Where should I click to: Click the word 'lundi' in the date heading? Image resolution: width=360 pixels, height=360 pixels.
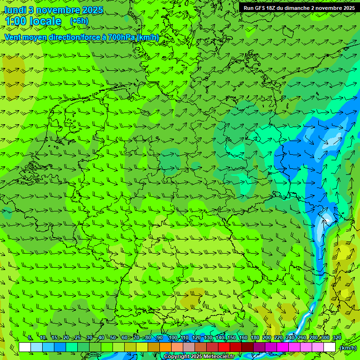(x=15, y=10)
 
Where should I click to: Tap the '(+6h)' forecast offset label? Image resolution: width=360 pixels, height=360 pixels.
(x=79, y=21)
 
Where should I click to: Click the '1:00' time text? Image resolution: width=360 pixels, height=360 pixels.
(x=15, y=22)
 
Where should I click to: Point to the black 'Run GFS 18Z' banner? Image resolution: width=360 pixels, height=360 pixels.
(x=299, y=7)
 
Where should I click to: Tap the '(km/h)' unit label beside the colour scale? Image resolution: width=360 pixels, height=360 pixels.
(x=348, y=348)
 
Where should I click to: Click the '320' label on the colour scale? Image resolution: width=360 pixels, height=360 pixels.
(x=337, y=338)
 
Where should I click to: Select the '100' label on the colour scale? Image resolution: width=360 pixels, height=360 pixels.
(x=173, y=338)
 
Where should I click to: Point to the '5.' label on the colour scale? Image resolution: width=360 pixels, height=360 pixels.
(x=30, y=338)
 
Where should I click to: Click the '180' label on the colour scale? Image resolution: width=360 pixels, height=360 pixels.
(x=255, y=338)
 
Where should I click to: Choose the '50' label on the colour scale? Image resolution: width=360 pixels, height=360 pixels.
(x=113, y=338)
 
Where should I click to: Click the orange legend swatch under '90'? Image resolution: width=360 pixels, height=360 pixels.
(x=165, y=347)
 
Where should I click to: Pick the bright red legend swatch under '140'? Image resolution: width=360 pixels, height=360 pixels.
(x=224, y=347)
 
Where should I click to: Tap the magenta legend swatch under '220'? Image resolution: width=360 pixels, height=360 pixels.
(x=283, y=347)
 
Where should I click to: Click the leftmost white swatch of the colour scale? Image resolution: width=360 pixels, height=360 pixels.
(x=25, y=347)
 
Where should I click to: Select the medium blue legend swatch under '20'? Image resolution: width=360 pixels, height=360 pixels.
(x=60, y=347)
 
